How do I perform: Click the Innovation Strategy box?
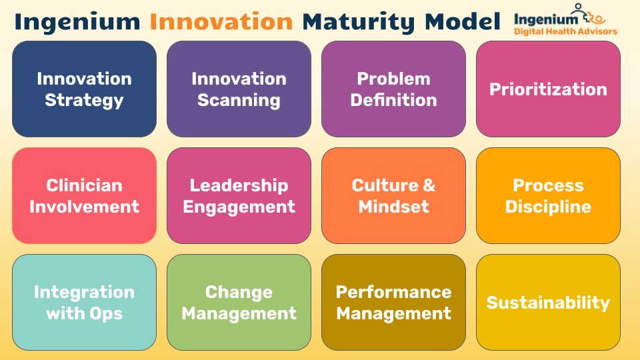click(84, 89)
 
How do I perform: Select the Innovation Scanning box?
click(239, 89)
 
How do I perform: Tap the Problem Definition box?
click(393, 89)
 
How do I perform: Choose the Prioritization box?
click(548, 89)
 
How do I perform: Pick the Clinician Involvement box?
click(84, 196)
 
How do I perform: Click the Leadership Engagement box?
click(239, 196)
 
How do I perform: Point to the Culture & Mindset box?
click(393, 196)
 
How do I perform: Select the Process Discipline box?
click(548, 196)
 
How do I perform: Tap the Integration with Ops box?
click(84, 303)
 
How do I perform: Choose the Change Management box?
click(239, 303)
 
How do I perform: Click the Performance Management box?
click(393, 303)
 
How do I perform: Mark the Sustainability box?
click(548, 303)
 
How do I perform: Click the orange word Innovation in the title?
click(221, 21)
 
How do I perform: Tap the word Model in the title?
click(463, 21)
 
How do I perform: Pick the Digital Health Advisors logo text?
click(565, 31)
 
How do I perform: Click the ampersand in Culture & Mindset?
click(429, 185)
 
